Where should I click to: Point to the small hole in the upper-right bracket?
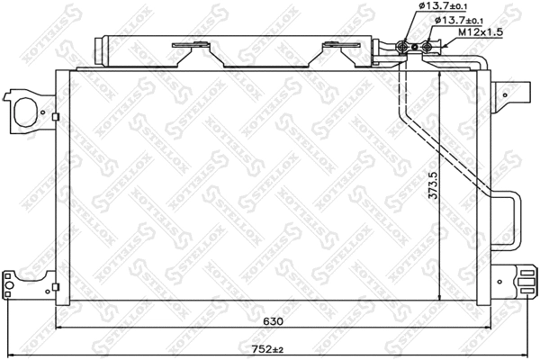click(x=507, y=91)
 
